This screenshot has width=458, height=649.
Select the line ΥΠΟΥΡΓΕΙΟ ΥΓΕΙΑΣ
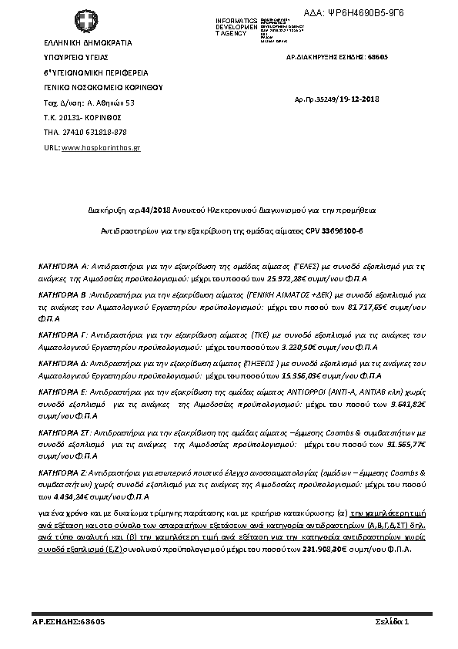click(x=75, y=57)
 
